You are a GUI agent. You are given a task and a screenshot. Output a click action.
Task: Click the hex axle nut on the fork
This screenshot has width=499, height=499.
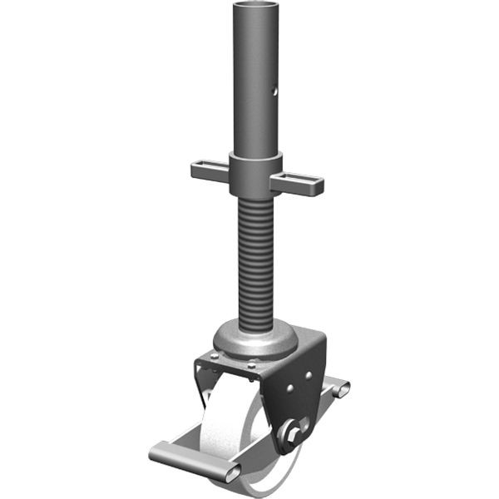(290, 432)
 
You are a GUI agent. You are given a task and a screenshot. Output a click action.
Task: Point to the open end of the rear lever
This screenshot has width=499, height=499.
(343, 388)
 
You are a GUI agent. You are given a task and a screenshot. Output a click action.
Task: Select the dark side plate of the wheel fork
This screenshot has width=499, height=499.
(299, 399)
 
